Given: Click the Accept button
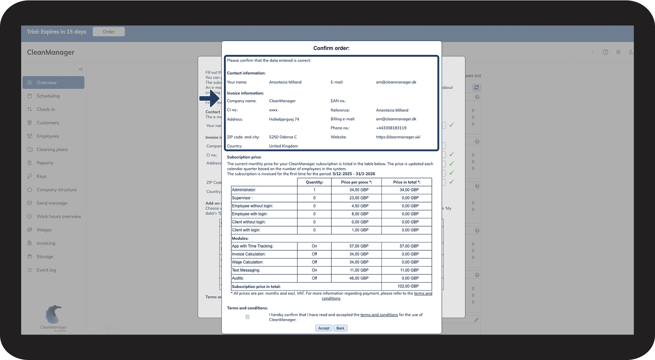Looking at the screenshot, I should (324, 328).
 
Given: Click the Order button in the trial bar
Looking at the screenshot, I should (109, 32).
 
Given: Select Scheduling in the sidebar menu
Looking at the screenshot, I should (48, 96).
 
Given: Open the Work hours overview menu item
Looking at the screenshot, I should (59, 217).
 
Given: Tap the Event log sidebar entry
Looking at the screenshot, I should (46, 270).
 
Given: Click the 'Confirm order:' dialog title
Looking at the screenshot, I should (331, 48).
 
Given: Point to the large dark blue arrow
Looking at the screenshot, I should (210, 98).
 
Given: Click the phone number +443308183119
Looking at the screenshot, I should (391, 128).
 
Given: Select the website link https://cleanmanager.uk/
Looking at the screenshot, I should (398, 137).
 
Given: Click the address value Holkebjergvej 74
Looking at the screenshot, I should (284, 119).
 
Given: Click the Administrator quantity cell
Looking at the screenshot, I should (314, 190).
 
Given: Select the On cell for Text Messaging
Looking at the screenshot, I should (314, 270).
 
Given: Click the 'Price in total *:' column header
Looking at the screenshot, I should (407, 182).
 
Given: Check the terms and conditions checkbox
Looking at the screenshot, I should (247, 317).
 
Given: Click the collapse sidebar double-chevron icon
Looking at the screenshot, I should (81, 69).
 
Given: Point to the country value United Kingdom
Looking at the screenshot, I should (284, 146).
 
